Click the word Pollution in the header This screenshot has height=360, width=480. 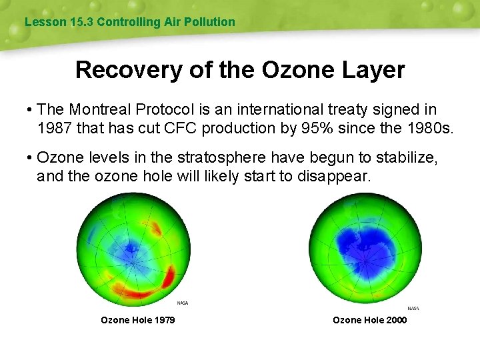(212, 22)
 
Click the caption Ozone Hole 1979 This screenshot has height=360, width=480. (137, 320)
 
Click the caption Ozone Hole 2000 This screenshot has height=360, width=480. (369, 320)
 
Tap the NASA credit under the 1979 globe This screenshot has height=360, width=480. (182, 303)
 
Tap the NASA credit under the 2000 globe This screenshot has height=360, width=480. (413, 308)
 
